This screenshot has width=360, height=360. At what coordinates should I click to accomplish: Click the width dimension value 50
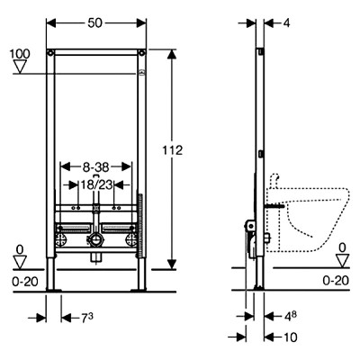pyautogui.click(x=95, y=23)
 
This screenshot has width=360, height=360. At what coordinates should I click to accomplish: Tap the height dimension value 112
pyautogui.click(x=173, y=150)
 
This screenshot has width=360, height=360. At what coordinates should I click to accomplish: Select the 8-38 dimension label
pyautogui.click(x=96, y=167)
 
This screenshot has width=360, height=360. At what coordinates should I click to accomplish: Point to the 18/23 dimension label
pyautogui.click(x=96, y=185)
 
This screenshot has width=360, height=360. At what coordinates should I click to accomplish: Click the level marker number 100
pyautogui.click(x=20, y=54)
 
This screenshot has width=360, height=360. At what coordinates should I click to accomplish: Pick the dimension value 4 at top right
pyautogui.click(x=287, y=23)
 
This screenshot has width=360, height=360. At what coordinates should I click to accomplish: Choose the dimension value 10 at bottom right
pyautogui.click(x=290, y=337)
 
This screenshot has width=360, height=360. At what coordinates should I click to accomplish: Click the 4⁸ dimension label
pyautogui.click(x=291, y=317)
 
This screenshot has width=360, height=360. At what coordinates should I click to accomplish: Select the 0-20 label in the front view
pyautogui.click(x=25, y=282)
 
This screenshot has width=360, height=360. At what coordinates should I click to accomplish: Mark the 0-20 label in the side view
pyautogui.click(x=336, y=281)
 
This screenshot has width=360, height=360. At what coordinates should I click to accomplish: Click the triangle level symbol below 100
pyautogui.click(x=20, y=67)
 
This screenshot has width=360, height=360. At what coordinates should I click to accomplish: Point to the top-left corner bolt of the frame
pyautogui.click(x=50, y=53)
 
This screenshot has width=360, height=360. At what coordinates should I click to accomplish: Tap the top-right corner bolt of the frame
pyautogui.click(x=141, y=53)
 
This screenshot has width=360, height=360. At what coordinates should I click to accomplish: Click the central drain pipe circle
pyautogui.click(x=96, y=240)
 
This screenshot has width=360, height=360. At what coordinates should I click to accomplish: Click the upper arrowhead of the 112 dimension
pyautogui.click(x=172, y=55)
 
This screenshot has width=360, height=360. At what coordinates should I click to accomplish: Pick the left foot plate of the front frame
pyautogui.click(x=53, y=290)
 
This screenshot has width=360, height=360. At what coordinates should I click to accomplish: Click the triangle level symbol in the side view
pyautogui.click(x=342, y=261)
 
